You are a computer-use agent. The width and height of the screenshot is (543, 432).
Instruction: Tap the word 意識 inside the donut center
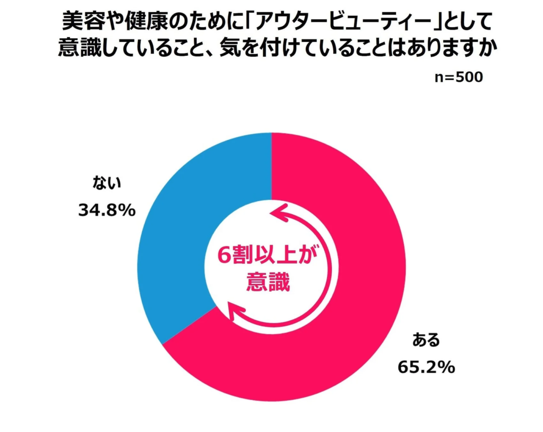[268, 282]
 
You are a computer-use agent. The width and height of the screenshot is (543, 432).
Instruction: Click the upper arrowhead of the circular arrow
[277, 213]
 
